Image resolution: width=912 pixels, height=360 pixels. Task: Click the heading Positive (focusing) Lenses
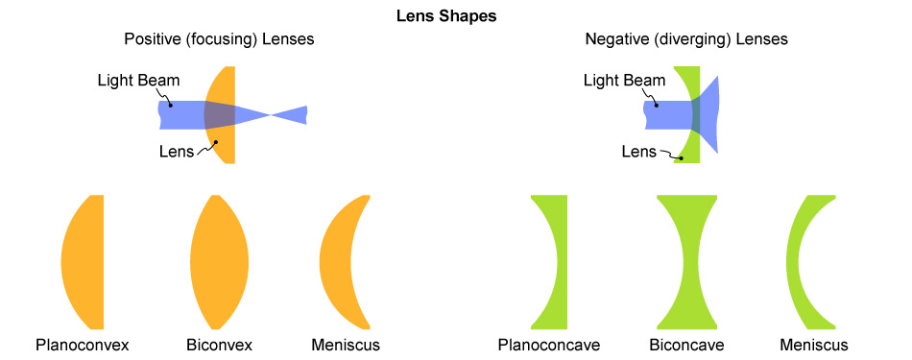point(219,40)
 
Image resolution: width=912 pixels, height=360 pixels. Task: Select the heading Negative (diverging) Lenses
point(686,40)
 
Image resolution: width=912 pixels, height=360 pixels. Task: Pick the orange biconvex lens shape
point(220,262)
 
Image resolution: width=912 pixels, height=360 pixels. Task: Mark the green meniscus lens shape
point(795,262)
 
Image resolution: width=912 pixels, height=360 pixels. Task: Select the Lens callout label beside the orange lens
point(177,150)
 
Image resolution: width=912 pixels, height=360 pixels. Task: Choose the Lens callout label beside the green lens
point(638,151)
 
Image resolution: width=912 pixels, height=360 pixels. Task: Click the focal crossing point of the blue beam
point(271,115)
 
